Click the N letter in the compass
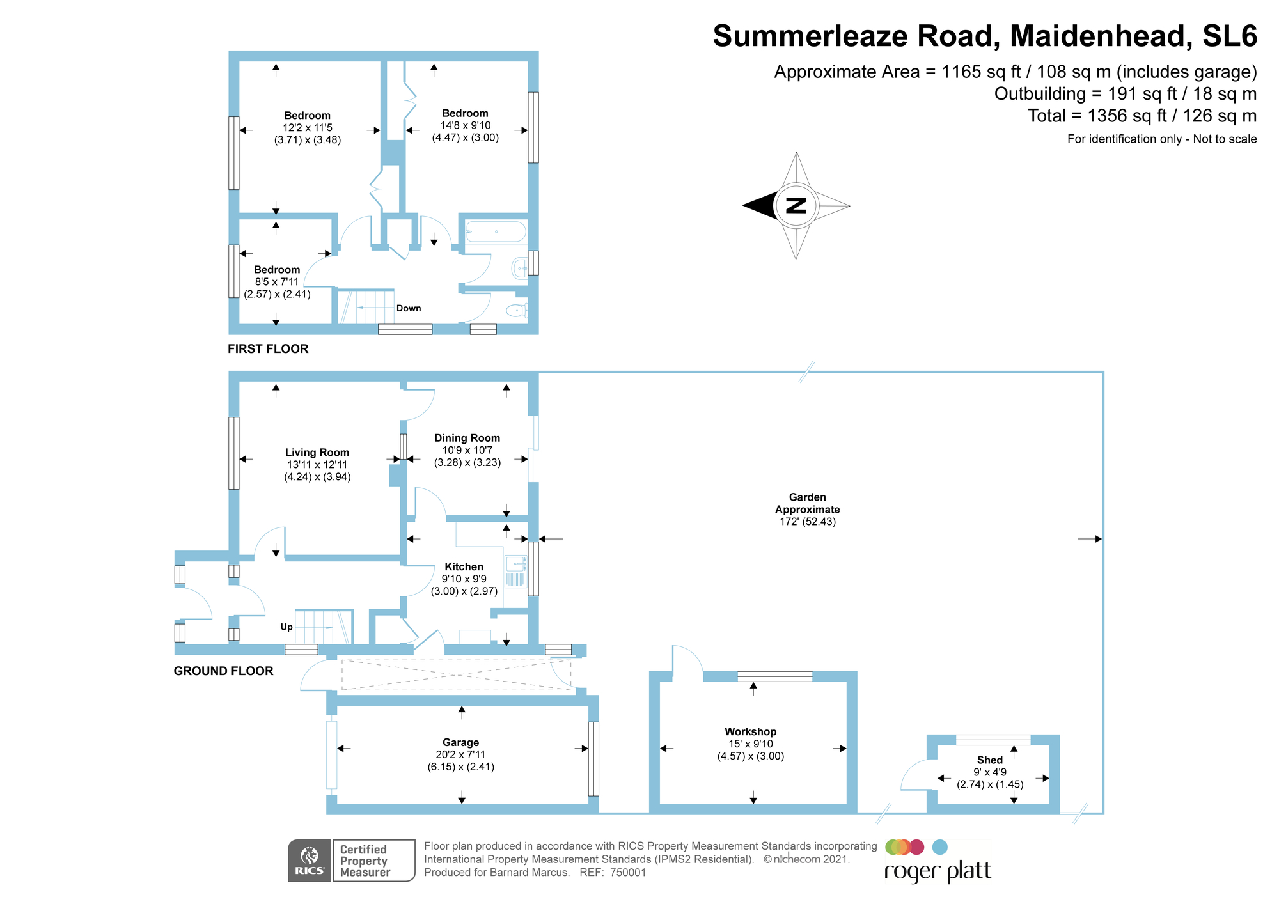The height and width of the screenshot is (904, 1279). coord(796,206)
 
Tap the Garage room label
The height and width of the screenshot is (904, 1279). coord(460,742)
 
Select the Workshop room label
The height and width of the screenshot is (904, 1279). coord(750,731)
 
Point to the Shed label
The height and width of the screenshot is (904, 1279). coord(989,760)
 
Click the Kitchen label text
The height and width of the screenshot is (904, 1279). coord(464,566)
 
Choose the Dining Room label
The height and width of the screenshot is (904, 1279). coord(467,438)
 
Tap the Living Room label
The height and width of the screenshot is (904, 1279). coord(317,452)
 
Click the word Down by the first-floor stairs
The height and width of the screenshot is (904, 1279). coord(409,308)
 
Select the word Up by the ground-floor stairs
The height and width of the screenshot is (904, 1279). coord(286,627)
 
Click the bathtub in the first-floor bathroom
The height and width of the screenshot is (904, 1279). coord(496,231)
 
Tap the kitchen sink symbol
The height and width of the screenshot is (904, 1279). coord(515,564)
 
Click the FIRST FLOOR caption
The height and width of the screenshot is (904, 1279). coord(268,348)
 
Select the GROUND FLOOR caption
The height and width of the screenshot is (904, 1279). coord(223,671)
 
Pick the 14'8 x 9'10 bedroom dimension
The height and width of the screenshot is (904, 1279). coord(465,125)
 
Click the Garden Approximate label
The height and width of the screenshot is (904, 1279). coord(807,503)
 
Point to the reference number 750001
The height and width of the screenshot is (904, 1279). coord(628,873)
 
